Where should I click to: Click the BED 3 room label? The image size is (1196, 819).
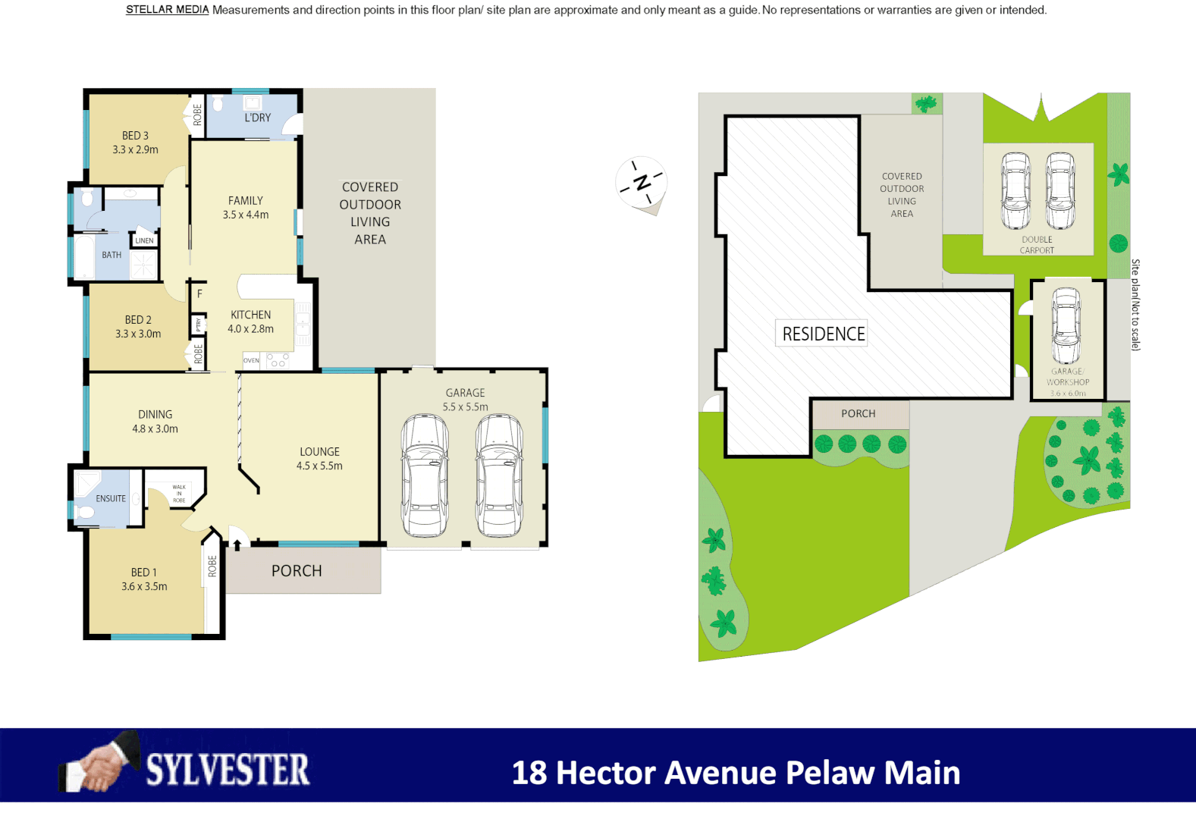point(135,136)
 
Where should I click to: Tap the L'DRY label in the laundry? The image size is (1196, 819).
point(257,118)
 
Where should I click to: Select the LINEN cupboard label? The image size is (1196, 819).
point(144,240)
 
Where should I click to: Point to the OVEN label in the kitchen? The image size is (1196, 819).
point(251,361)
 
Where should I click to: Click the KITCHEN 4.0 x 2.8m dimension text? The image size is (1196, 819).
point(250,329)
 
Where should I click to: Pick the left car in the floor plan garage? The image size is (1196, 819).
point(425,475)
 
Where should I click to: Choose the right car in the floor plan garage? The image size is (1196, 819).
point(499,475)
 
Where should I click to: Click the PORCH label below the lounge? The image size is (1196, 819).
point(297,571)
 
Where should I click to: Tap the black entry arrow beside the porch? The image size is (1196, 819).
point(237,544)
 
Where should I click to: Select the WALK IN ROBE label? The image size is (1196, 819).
point(179,494)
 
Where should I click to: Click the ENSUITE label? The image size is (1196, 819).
point(111,499)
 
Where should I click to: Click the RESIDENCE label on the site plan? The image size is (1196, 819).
point(823,334)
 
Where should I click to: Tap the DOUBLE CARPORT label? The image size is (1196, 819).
point(1037,245)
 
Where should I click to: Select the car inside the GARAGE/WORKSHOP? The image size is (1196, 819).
point(1066,326)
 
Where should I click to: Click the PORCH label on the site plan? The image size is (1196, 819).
point(858,414)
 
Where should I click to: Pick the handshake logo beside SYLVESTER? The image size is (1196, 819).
point(101,763)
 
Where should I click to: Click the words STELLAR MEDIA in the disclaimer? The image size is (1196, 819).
point(167,10)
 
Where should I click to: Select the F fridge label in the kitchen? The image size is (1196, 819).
point(199,293)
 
